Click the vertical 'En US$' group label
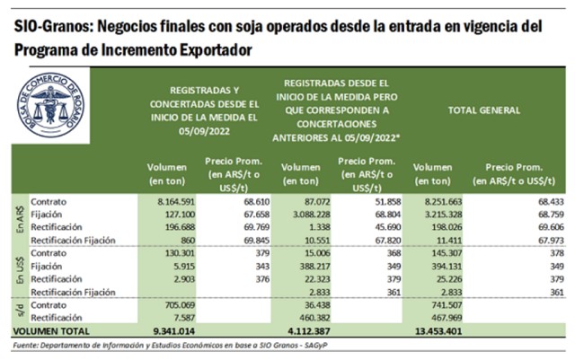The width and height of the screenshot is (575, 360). coord(18,266)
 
